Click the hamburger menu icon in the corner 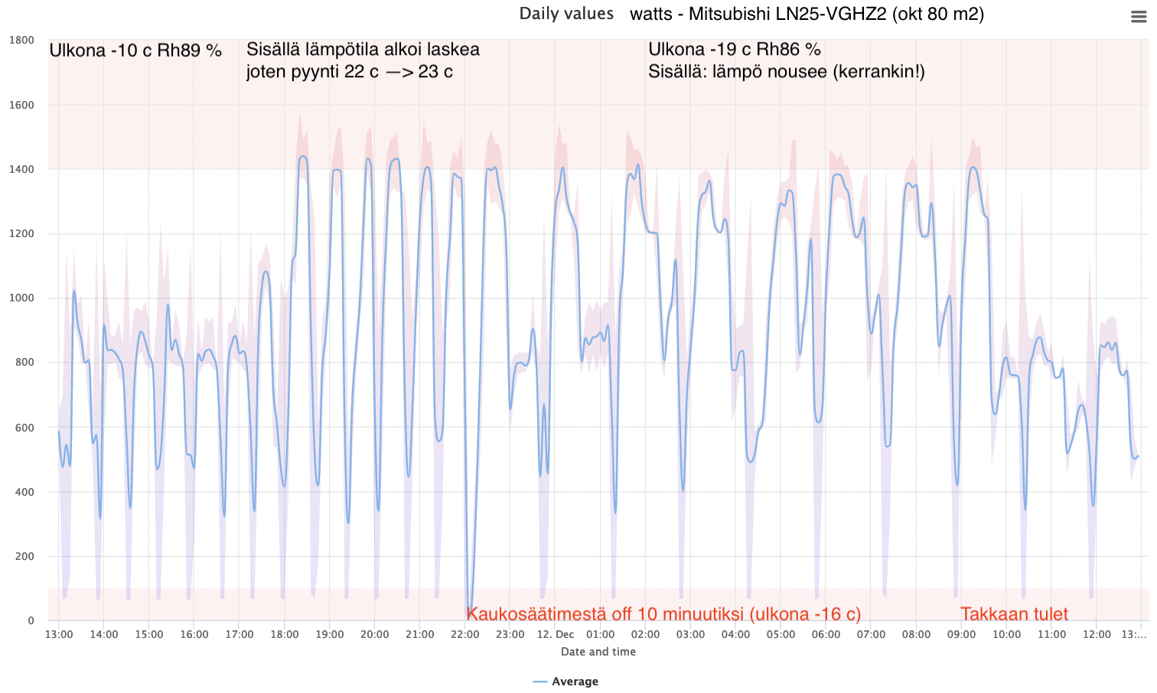tap(1139, 17)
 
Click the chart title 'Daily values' tap(566, 14)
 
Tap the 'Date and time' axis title tap(598, 652)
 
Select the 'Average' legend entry tap(575, 682)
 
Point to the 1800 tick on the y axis tap(21, 40)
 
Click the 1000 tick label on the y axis tap(21, 298)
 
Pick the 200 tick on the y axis tap(24, 556)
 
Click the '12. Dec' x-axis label tap(556, 634)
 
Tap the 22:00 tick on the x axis tap(465, 634)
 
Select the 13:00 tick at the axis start tap(59, 634)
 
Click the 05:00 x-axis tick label tap(781, 634)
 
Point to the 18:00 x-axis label tap(285, 634)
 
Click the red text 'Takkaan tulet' tap(1014, 614)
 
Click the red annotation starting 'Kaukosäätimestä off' tap(663, 614)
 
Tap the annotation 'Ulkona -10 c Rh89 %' tap(135, 50)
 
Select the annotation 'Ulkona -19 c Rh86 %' tap(734, 49)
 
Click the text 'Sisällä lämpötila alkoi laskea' tap(363, 49)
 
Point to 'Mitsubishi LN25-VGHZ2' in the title tap(788, 14)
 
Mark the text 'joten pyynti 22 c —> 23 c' tap(349, 72)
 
